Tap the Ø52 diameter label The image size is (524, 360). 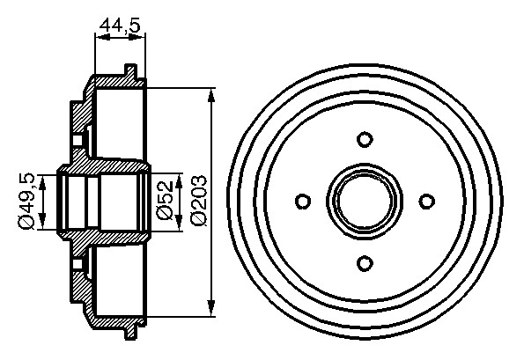point(165,200)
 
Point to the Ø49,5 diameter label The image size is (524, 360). point(26,201)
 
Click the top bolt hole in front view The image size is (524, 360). point(365,139)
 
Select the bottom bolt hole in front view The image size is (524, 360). point(365,263)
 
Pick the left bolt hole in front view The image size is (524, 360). point(304,202)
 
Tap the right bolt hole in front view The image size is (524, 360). point(426,201)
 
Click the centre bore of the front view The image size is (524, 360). point(365,201)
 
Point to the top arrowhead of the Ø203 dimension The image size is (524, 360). point(210,94)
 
